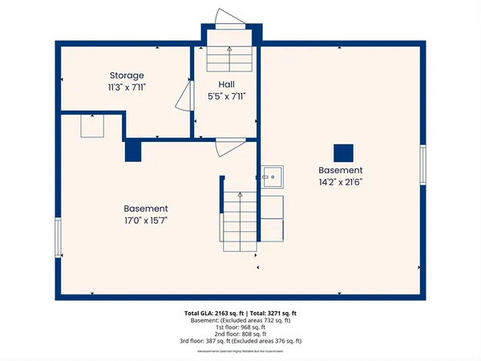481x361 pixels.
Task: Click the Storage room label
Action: point(127,75)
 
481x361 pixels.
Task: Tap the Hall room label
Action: point(225,83)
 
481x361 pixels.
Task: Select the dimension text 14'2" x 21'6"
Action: point(341,182)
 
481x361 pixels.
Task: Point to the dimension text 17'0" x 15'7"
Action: point(145,220)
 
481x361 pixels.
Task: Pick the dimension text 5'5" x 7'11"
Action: point(225,95)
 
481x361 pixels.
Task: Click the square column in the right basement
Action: point(343,152)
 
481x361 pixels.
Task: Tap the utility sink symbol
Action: point(272,175)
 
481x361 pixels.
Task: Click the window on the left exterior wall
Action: point(58,237)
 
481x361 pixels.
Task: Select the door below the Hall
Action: point(230,147)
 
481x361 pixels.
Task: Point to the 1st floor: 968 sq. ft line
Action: point(240,327)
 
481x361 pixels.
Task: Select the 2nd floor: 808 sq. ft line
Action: point(240,335)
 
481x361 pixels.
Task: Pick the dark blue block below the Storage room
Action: point(133,152)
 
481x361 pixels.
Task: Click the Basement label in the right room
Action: point(341,171)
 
